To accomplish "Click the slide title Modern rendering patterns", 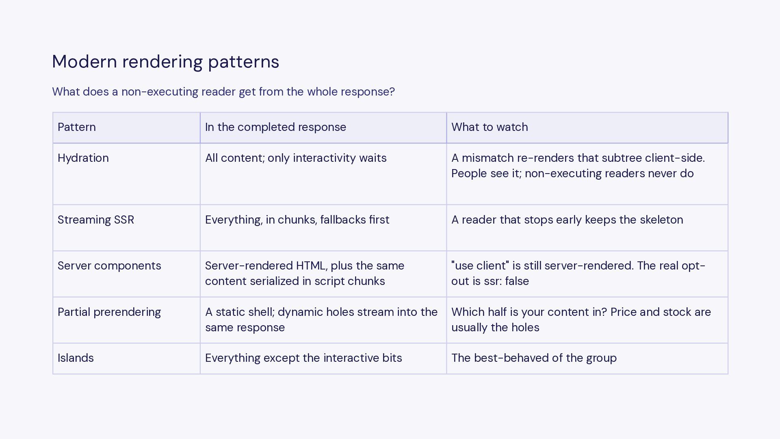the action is click(165, 62).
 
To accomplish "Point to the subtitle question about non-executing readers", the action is click(223, 92).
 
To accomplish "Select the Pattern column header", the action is click(77, 127).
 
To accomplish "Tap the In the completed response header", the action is click(275, 127).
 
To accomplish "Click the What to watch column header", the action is click(490, 127).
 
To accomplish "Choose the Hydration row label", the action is click(83, 158).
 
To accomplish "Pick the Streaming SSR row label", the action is click(96, 220).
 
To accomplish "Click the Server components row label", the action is click(109, 266).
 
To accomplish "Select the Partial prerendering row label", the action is click(109, 312).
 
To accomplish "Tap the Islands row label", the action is click(76, 358).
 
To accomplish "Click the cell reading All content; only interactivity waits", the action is click(296, 158).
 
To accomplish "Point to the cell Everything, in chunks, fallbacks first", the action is click(297, 220).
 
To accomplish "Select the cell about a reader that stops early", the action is click(567, 220).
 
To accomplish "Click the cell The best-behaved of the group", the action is click(534, 358).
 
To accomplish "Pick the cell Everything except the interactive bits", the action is click(303, 358).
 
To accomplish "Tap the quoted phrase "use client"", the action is click(480, 266).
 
